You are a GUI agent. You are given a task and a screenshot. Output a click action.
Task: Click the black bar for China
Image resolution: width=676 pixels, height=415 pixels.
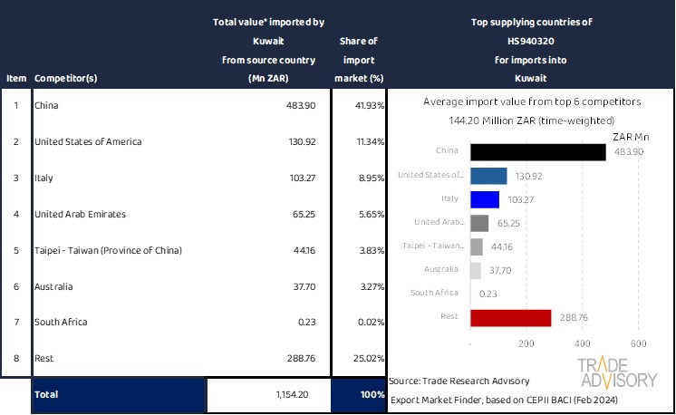click(538, 152)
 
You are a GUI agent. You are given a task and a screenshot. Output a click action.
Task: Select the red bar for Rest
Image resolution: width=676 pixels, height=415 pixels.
click(511, 317)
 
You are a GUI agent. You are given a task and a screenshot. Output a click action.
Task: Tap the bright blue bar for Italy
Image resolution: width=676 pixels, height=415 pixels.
click(485, 199)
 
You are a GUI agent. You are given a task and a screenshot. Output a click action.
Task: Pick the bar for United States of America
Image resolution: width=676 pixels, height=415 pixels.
click(489, 176)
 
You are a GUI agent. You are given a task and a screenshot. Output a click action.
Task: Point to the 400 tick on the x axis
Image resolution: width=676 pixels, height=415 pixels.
click(582, 344)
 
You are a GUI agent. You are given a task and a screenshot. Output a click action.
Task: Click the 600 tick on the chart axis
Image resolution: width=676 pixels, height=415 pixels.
click(637, 344)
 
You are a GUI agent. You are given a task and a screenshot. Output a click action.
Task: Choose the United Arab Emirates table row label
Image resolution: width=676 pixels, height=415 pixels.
click(80, 214)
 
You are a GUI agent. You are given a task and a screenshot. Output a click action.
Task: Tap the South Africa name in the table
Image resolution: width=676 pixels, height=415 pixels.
click(60, 322)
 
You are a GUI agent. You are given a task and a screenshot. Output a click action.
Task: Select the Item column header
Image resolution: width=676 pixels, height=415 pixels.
click(15, 78)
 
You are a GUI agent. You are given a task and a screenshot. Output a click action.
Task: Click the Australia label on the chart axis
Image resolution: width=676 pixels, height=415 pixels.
click(446, 270)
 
